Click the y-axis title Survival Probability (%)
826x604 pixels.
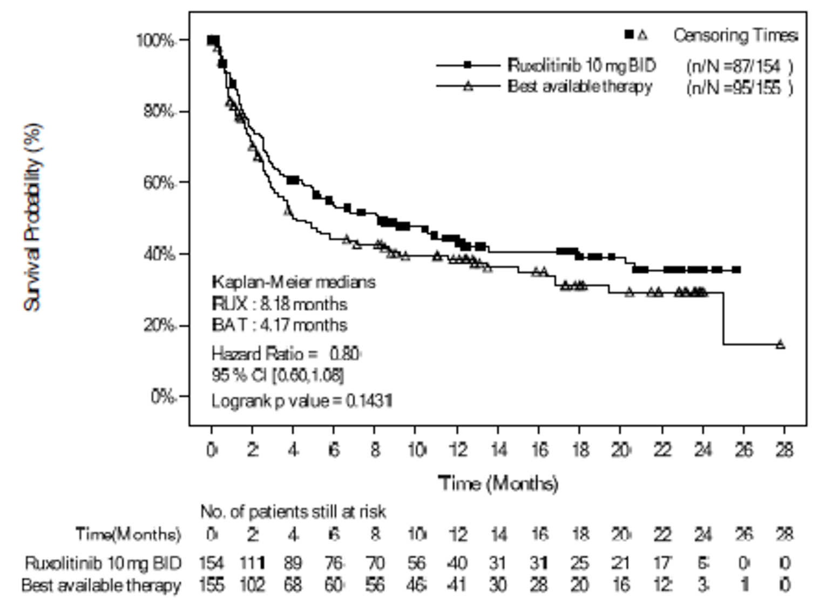pos(32,218)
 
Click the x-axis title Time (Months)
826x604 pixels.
pos(497,483)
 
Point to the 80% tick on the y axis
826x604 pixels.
pos(159,112)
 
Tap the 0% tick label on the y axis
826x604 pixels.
pos(163,397)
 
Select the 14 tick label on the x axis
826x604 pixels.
pos(498,450)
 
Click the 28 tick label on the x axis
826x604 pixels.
pos(784,450)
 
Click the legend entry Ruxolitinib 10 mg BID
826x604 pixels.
pos(581,66)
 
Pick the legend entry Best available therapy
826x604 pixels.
pos(579,86)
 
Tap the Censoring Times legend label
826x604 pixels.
pos(735,36)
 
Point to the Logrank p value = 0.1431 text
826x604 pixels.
pos(301,401)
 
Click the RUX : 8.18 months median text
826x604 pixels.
pos(279,304)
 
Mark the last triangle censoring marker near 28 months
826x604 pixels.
pos(780,344)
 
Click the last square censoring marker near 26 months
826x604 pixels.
pos(736,269)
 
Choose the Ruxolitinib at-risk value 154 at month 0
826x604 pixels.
pos(211,563)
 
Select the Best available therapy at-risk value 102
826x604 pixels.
pos(252,585)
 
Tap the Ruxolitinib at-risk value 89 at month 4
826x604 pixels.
pos(293,563)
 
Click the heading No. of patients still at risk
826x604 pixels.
pos(293,511)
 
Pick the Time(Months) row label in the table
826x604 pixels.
pos(128,534)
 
